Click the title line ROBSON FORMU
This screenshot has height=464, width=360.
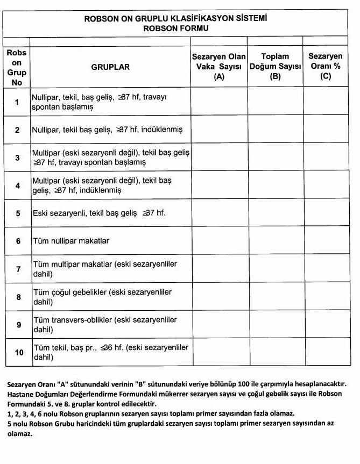[x=176, y=28]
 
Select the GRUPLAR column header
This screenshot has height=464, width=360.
[x=110, y=67]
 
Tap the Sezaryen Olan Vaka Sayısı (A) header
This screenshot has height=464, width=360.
[x=219, y=67]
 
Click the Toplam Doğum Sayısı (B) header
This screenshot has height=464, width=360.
[x=275, y=67]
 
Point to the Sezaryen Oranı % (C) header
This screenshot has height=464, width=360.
[x=325, y=67]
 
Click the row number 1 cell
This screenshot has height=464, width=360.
[x=17, y=102]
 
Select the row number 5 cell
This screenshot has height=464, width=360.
[x=17, y=213]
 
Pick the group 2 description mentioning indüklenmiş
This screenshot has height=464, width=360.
[x=108, y=130]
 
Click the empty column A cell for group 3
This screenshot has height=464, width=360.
[x=219, y=158]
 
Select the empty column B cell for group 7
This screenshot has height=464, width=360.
[x=275, y=268]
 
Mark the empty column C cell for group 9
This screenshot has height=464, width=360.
[x=325, y=324]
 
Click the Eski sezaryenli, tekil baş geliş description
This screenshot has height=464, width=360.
[x=99, y=213]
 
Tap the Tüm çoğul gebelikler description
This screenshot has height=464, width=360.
[x=102, y=296]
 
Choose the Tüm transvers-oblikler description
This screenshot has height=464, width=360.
[x=105, y=324]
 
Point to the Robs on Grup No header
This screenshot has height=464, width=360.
[x=17, y=67]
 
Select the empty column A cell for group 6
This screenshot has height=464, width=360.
[x=219, y=240]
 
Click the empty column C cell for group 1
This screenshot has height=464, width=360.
[x=325, y=102]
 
